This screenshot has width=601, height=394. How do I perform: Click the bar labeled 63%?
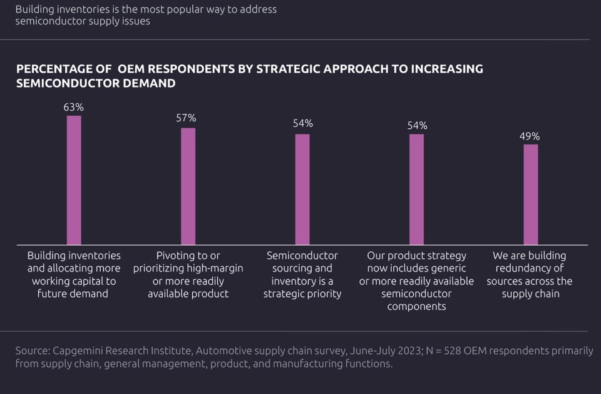pyautogui.click(x=74, y=180)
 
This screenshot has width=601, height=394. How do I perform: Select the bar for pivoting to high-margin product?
pyautogui.click(x=188, y=186)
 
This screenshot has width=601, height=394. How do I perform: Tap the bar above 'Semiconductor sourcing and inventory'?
pyautogui.click(x=302, y=189)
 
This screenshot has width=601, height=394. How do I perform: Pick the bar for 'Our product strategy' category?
pyautogui.click(x=416, y=189)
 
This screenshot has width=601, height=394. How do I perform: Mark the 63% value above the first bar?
pyautogui.click(x=73, y=107)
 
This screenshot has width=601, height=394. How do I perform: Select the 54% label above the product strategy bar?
pyautogui.click(x=417, y=125)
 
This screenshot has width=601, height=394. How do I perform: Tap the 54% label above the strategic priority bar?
pyautogui.click(x=302, y=123)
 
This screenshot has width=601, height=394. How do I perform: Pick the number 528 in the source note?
pyautogui.click(x=456, y=351)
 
